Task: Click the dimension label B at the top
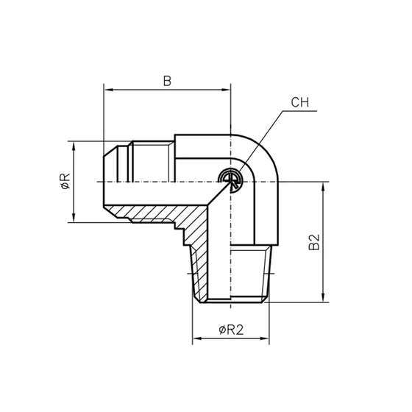[x=167, y=82]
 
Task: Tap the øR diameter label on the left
[x=65, y=181]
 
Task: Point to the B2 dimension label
[x=314, y=242]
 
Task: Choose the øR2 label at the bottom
[x=231, y=330]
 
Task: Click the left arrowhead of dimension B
[x=109, y=91]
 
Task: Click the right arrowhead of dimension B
[x=227, y=91]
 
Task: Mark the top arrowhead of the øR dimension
[x=74, y=145]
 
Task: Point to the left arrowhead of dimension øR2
[x=196, y=340]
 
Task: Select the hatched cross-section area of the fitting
[x=199, y=235]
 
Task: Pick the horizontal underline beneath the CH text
[x=298, y=112]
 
